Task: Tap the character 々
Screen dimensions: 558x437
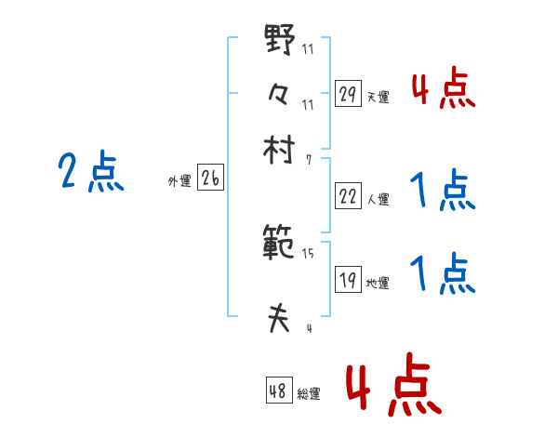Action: [x=279, y=94]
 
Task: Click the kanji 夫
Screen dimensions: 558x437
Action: [x=279, y=319]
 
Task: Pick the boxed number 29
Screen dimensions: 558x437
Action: [x=348, y=93]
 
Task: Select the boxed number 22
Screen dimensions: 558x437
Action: [x=348, y=195]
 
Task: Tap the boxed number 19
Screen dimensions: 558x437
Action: [x=348, y=281]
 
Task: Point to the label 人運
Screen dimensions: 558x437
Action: [x=378, y=199]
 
